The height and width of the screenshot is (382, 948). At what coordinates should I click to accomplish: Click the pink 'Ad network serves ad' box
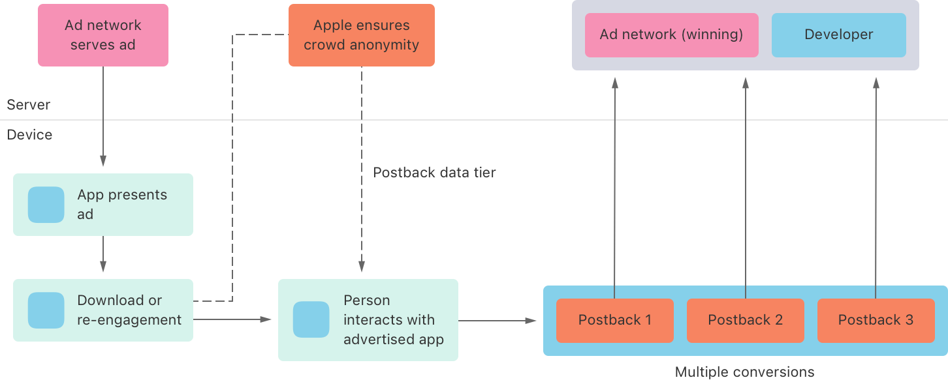[x=103, y=35]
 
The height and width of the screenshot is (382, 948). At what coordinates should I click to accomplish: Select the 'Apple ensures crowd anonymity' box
[x=361, y=35]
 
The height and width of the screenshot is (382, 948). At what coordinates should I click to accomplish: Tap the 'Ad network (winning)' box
[x=671, y=35]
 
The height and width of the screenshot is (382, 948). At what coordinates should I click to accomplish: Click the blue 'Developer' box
[x=838, y=35]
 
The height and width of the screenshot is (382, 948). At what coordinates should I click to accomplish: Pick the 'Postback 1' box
[x=614, y=320]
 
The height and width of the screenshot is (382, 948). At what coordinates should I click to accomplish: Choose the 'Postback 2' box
[x=745, y=320]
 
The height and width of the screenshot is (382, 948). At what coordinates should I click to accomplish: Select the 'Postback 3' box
[x=876, y=320]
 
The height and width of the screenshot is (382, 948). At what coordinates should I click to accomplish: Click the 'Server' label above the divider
[x=28, y=105]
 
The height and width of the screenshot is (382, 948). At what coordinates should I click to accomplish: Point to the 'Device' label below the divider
[x=29, y=135]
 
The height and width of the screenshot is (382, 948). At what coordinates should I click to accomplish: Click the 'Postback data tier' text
[x=434, y=173]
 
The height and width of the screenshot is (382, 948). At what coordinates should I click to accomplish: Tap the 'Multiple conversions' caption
[x=744, y=372]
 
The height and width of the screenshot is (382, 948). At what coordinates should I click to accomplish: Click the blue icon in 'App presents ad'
[x=46, y=205]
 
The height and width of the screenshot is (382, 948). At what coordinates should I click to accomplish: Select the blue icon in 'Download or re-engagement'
[x=46, y=310]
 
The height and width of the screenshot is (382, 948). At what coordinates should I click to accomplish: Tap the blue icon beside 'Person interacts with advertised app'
[x=311, y=319]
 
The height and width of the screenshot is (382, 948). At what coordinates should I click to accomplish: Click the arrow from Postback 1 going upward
[x=614, y=189]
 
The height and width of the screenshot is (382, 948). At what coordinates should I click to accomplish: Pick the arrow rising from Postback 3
[x=876, y=189]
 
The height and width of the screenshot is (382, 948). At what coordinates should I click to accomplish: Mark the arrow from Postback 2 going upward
[x=745, y=189]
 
